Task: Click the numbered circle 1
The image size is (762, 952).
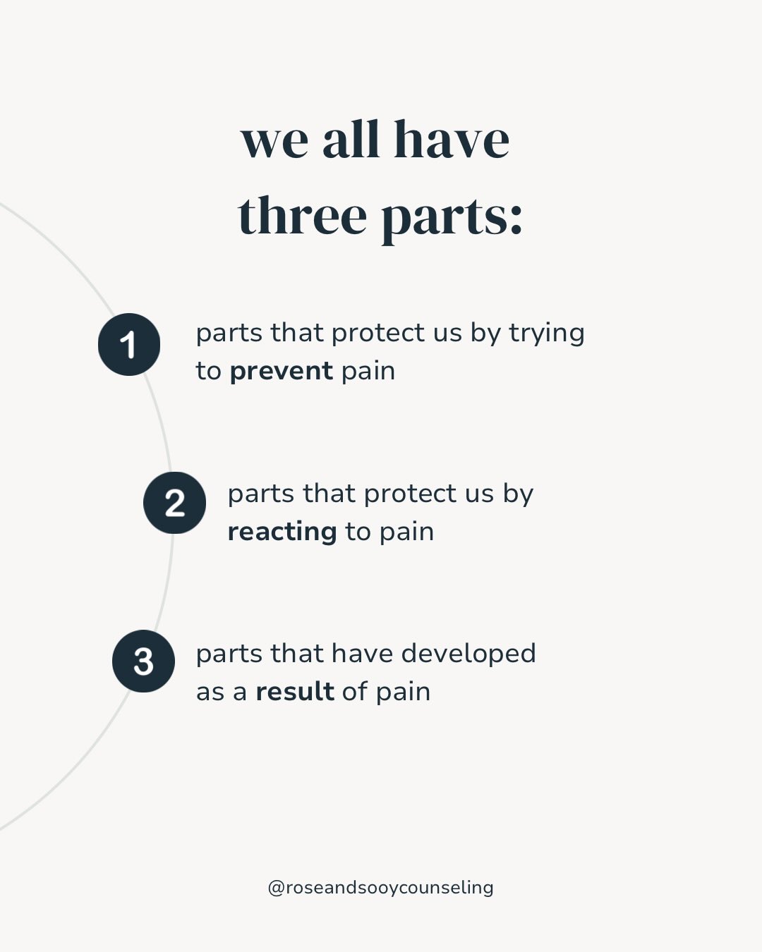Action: coord(129,344)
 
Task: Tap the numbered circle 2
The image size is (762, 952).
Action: coord(174,503)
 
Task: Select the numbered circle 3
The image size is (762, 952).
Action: coord(143,661)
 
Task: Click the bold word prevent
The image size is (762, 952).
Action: coord(281,371)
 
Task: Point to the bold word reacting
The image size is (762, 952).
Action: coord(282,532)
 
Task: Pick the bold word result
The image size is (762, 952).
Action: coord(295,691)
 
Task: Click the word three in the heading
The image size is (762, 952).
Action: coord(303,215)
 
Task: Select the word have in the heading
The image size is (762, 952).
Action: coord(452,139)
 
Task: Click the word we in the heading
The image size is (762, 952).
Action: coord(274,145)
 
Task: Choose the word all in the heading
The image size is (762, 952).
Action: coord(351,139)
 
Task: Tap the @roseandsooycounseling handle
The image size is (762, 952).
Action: coord(381,888)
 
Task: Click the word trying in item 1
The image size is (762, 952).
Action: coord(547,334)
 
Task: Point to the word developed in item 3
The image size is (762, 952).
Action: coord(468,654)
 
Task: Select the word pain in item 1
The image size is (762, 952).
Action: coord(368,372)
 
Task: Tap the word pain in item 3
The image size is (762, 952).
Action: coord(404,692)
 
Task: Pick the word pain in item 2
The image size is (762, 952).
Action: coord(407,532)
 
